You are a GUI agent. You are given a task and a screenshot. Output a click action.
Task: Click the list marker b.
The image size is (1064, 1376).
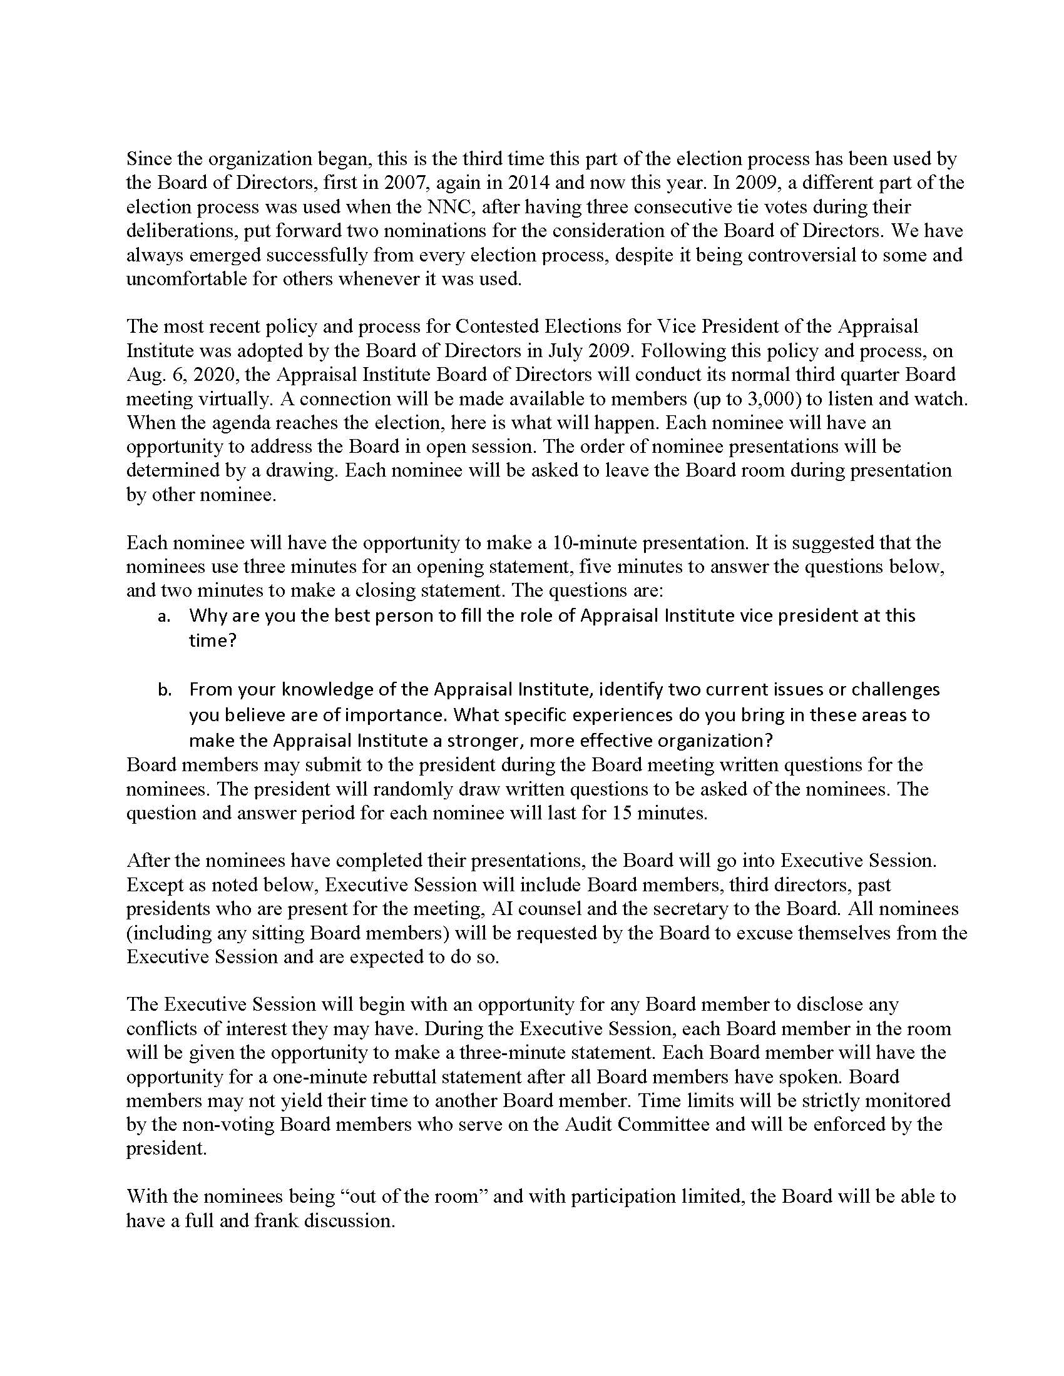tap(165, 690)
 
